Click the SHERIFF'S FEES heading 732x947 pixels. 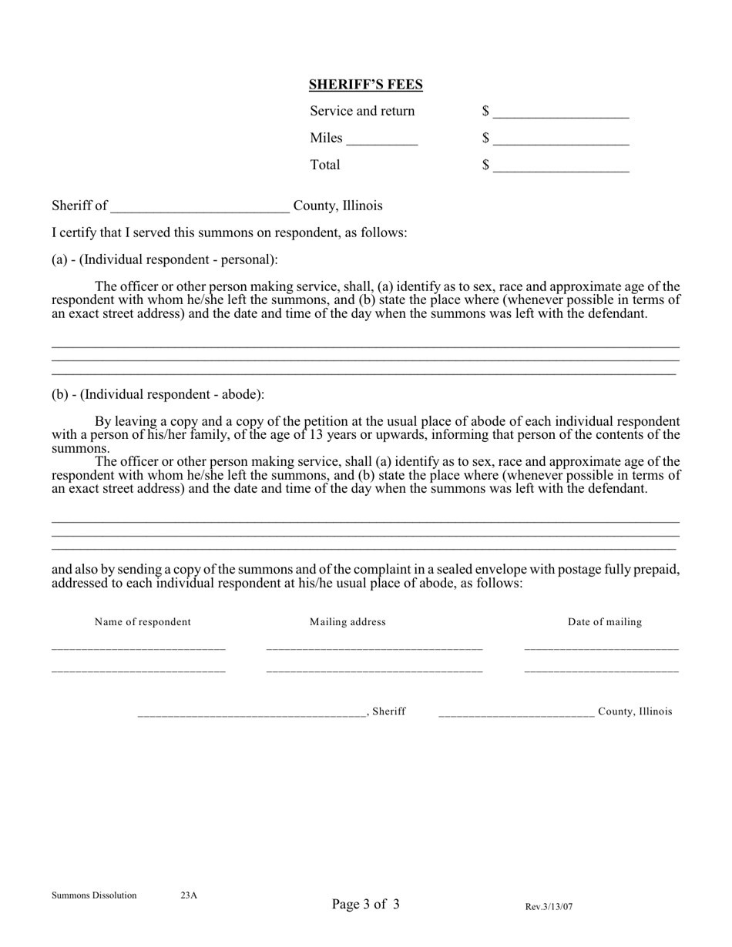point(365,85)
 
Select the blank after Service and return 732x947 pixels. point(561,113)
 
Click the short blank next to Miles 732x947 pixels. point(382,140)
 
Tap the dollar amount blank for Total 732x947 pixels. point(561,167)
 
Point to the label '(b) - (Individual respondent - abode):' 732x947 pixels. point(158,394)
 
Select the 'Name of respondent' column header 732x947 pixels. point(143,622)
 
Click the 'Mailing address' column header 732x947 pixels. point(348,622)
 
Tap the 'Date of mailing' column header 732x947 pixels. point(605,622)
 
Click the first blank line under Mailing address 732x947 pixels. point(374,648)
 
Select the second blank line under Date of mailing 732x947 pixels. point(601,671)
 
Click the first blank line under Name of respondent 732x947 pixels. point(139,648)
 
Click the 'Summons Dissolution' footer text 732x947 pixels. point(94,895)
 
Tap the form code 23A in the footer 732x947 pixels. point(189,895)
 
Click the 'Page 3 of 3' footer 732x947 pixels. point(365,904)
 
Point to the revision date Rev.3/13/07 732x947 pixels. point(549,907)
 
